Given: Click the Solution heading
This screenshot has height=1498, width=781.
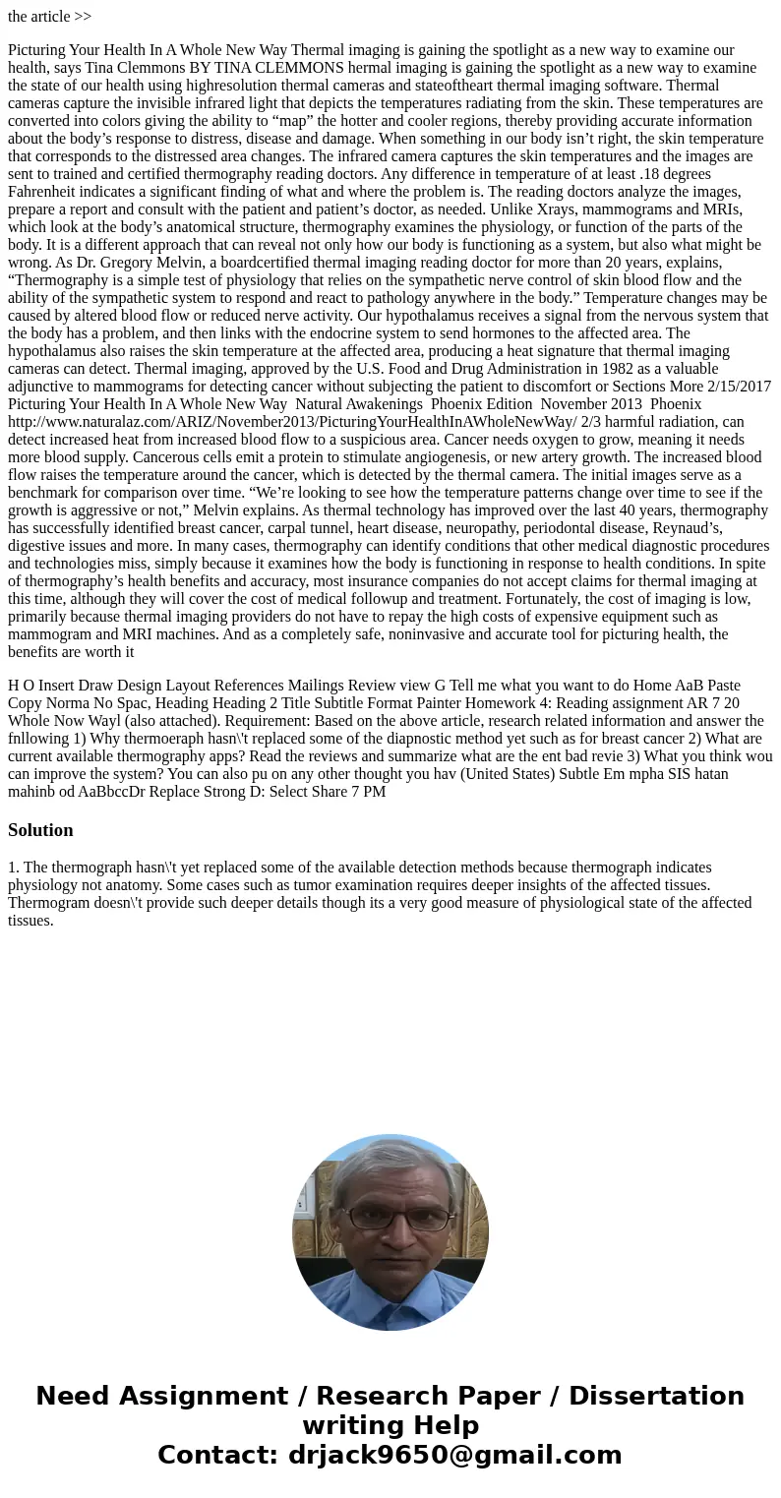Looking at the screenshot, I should point(40,830).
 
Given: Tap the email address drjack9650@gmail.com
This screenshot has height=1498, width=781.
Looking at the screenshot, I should point(454,1455).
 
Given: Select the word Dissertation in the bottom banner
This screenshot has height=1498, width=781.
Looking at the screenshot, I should point(656,1396).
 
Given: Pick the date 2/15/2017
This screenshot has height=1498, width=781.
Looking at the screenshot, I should point(739,387).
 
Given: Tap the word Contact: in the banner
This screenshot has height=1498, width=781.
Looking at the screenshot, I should point(217,1455).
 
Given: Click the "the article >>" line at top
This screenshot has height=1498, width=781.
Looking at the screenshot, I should point(49,17).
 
